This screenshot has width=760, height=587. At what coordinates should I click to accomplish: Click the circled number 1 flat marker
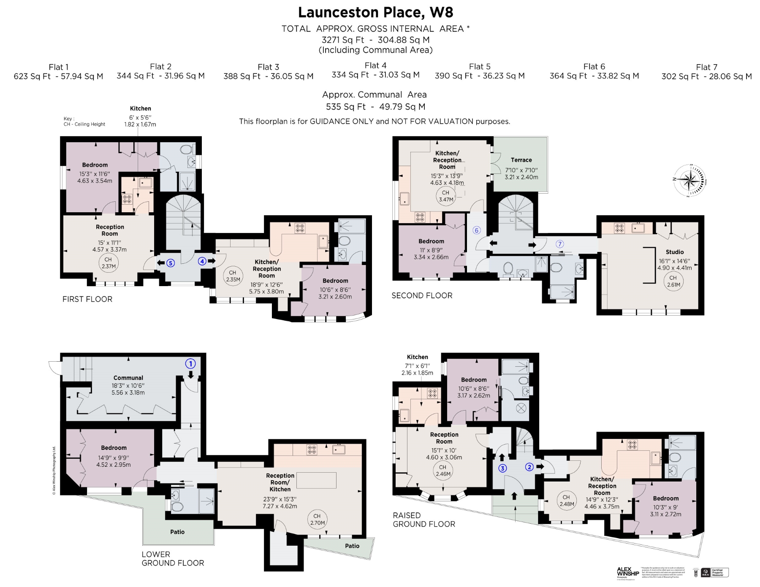(190, 363)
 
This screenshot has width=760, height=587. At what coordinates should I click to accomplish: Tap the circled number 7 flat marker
(560, 244)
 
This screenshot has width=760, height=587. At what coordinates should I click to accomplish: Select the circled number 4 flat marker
(202, 261)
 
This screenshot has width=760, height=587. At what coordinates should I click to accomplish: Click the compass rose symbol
(689, 181)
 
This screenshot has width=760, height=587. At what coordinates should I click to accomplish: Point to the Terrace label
(521, 160)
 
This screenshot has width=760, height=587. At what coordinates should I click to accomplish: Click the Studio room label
(674, 252)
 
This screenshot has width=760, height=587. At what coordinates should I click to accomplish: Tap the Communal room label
(128, 378)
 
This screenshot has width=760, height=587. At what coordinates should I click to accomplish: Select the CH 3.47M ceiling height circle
(446, 196)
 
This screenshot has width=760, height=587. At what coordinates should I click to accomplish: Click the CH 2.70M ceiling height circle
(317, 519)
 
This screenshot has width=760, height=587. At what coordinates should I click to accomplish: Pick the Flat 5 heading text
(480, 67)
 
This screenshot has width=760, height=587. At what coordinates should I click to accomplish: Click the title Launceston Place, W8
(375, 12)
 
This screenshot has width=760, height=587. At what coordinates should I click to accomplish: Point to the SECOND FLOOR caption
(422, 295)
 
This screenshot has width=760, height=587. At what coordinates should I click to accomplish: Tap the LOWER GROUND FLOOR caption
(173, 558)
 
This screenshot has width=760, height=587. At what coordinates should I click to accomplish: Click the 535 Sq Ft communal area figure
(345, 107)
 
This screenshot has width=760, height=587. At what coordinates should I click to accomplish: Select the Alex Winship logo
(627, 572)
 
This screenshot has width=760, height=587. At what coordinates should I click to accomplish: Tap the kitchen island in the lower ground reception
(316, 480)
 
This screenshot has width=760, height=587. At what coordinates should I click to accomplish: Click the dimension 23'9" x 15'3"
(280, 499)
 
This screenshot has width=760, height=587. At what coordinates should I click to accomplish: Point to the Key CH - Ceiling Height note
(84, 122)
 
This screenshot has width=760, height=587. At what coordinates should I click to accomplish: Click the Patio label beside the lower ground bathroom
(177, 532)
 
